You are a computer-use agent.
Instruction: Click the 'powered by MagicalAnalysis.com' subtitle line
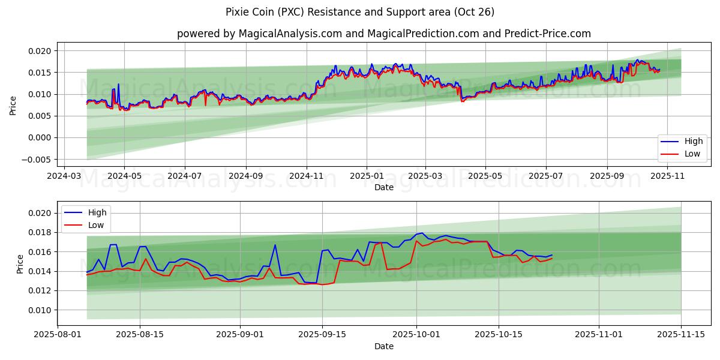coord(384,34)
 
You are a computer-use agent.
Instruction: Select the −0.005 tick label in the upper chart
coord(37,159)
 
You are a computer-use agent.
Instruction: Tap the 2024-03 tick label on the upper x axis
coord(64,176)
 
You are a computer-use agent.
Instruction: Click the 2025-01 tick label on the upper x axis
coord(366,176)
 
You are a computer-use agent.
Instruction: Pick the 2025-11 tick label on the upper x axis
coord(667,176)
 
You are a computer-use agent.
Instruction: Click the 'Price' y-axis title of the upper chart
coord(13,105)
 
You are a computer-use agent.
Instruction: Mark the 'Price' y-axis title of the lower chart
coord(20,264)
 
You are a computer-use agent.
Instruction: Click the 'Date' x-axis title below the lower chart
coord(384,346)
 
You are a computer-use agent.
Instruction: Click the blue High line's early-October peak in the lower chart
coord(422,233)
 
